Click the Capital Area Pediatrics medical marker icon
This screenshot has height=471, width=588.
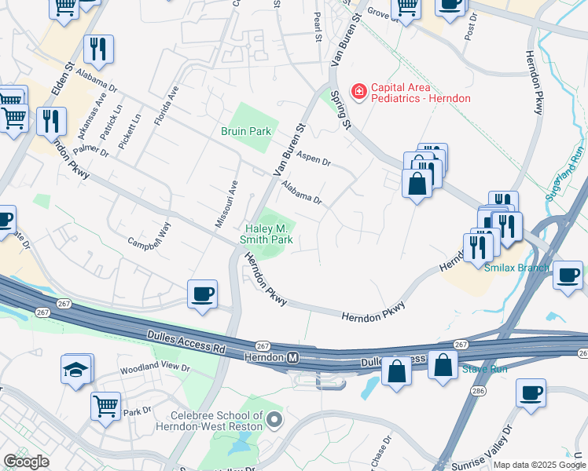359,93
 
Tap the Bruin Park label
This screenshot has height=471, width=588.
246,132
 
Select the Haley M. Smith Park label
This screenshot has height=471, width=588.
266,233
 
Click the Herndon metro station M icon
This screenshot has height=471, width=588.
293,357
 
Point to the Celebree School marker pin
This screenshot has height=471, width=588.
274,419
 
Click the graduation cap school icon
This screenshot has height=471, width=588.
76,371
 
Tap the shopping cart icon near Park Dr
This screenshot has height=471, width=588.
105,407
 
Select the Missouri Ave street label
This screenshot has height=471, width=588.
226,204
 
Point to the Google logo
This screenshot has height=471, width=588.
26,462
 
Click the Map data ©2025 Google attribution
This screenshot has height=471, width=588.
538,465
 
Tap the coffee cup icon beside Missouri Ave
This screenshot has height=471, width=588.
203,294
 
